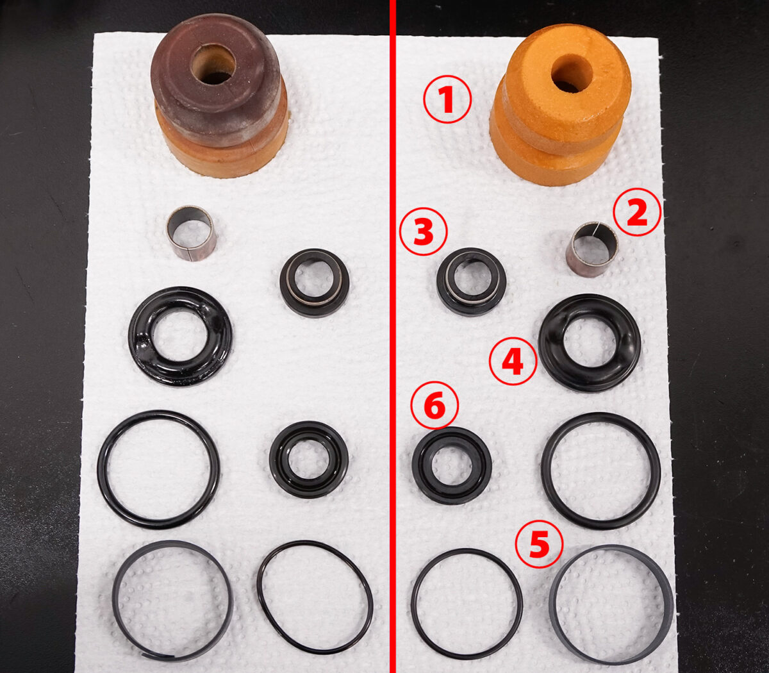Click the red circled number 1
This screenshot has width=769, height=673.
point(447,99)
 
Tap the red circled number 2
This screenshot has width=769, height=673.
point(637,212)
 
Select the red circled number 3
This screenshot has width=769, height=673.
point(424,231)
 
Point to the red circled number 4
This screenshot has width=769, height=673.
point(513,361)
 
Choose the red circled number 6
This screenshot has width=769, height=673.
point(435,405)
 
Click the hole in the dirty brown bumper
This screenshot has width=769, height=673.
point(213,65)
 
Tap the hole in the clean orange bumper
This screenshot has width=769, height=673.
point(572,73)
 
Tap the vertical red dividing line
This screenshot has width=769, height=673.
point(392,336)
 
